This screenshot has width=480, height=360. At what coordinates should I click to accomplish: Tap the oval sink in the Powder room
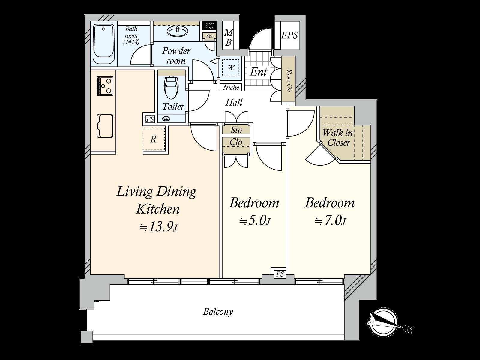[177, 31]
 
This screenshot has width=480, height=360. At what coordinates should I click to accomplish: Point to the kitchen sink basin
[105, 126]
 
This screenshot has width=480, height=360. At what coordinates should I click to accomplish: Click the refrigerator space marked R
[153, 139]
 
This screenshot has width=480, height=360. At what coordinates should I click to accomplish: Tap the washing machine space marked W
[230, 68]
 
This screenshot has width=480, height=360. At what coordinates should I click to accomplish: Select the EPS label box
[289, 35]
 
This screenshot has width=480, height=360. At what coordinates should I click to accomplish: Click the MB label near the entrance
[229, 37]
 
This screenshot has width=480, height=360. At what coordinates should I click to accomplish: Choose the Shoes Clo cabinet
[289, 80]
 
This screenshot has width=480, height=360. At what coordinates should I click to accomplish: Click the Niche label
[231, 88]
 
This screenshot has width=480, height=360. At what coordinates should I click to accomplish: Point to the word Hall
[234, 103]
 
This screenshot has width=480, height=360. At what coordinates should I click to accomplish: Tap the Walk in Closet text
[338, 137]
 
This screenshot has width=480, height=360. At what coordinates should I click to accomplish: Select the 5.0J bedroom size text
[255, 221]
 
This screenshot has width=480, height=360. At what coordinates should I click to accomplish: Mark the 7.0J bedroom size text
[331, 221]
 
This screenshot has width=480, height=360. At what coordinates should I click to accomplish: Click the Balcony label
[218, 312]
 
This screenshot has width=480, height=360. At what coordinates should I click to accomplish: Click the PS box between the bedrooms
[280, 274]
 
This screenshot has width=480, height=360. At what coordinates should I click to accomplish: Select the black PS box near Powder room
[209, 26]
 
